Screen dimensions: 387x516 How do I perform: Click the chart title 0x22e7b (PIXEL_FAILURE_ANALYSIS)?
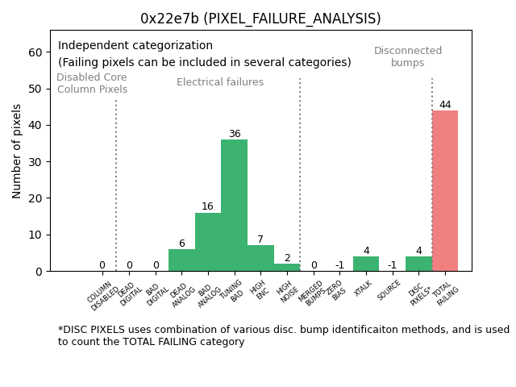point(260,19)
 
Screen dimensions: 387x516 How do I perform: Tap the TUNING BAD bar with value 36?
point(234,206)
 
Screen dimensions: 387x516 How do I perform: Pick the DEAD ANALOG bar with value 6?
point(181,260)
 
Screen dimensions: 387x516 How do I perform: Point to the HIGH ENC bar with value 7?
point(260,259)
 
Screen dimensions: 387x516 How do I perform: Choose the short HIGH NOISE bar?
point(286,268)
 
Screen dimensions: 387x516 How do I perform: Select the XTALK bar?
point(366,264)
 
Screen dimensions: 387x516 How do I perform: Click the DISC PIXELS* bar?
point(418,264)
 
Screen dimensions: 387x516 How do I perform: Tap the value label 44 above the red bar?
point(445,105)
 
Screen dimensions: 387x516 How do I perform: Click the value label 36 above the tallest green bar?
point(234,134)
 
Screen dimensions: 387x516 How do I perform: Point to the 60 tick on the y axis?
point(35,52)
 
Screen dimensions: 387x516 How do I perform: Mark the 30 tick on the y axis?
point(35,162)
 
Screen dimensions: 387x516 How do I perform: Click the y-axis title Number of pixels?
point(18,151)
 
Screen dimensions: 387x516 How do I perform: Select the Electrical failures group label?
point(220,82)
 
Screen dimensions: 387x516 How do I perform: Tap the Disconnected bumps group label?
point(408,57)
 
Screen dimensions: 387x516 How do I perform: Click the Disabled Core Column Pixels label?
point(92,83)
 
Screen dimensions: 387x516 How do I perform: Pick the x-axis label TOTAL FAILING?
point(446,295)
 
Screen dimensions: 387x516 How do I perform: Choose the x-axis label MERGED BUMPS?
point(312,294)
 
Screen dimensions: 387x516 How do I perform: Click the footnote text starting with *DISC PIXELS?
point(283,335)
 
